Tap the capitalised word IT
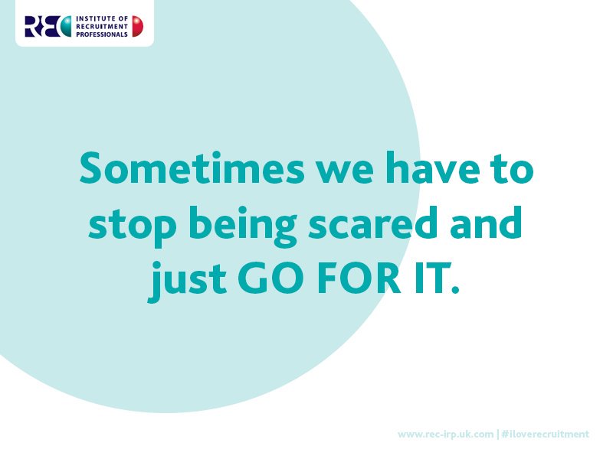(434, 279)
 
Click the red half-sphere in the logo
(137, 27)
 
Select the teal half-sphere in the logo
(64, 26)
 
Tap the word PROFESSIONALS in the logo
(102, 34)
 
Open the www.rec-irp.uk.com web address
(445, 435)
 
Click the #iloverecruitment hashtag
(546, 435)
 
